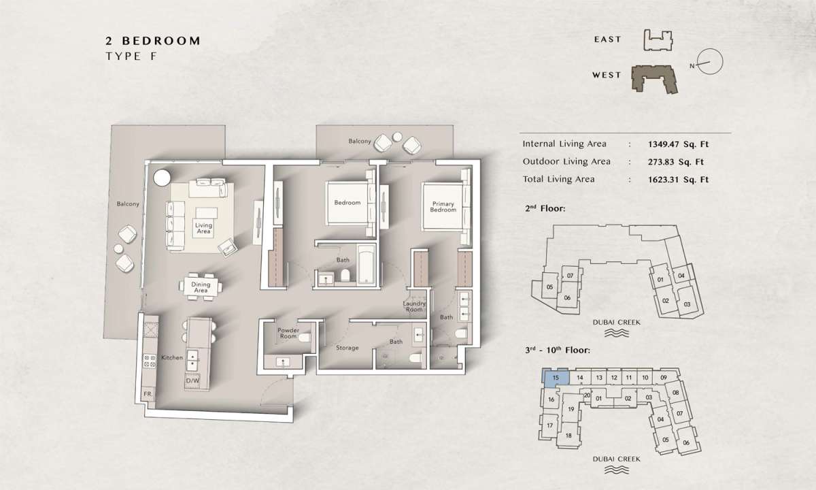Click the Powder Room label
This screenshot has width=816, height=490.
click(288, 333)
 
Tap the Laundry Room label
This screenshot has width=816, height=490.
click(414, 306)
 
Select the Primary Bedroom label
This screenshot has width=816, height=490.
click(443, 207)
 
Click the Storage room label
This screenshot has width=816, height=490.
click(347, 348)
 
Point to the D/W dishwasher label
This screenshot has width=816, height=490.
click(192, 380)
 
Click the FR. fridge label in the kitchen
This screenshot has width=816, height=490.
click(148, 394)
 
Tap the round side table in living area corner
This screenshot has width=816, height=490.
click(162, 178)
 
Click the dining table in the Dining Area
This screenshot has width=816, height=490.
click(201, 287)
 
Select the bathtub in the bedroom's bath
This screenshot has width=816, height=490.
click(366, 264)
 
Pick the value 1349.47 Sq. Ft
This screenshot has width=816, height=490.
click(679, 144)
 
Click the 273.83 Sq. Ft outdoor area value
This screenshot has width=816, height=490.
click(676, 162)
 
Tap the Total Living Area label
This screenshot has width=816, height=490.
click(558, 180)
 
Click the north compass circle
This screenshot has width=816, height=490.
click(710, 62)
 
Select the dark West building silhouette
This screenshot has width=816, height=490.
click(654, 79)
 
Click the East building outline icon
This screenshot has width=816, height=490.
click(658, 40)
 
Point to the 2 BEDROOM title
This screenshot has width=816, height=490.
click(153, 41)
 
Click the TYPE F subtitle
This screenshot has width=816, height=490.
click(131, 56)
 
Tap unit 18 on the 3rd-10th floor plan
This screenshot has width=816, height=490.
click(568, 436)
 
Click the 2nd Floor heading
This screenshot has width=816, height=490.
click(545, 208)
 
